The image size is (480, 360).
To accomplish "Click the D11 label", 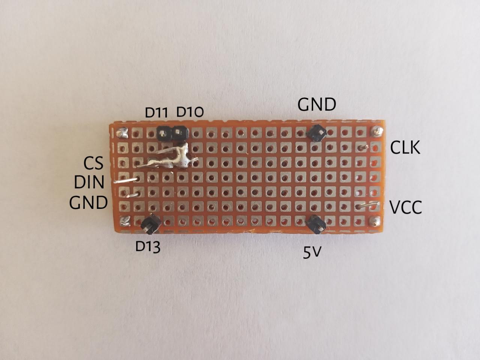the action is click(156, 112).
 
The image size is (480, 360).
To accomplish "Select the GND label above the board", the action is click(317, 105).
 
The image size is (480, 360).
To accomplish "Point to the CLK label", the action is click(405, 147).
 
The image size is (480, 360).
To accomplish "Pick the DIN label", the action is click(89, 182).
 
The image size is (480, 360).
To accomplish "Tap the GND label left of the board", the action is click(88, 202).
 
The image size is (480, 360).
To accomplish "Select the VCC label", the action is click(406, 207).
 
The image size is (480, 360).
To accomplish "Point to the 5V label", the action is click(312, 253).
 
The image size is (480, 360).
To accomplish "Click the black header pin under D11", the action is click(164, 133).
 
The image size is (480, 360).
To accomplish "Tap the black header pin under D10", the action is click(180, 133).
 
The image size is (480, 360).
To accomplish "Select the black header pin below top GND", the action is click(317, 133).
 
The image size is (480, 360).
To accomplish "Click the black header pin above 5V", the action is click(316, 225).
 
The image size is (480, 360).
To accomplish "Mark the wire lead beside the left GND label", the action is click(133, 195).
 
